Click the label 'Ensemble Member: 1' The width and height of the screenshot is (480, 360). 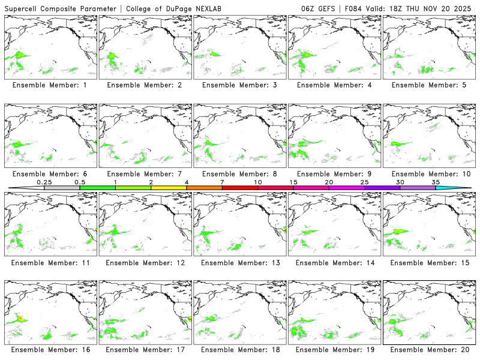[50, 85]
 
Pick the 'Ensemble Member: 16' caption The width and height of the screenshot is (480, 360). [50, 350]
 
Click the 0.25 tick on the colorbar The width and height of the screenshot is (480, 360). [44, 187]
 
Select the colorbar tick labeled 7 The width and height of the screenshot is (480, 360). [222, 187]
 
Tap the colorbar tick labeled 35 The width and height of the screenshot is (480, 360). [436, 187]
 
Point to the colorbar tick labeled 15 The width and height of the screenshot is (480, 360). [293, 187]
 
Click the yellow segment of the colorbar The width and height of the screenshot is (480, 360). [169, 188]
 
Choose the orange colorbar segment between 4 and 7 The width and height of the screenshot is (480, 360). [204, 188]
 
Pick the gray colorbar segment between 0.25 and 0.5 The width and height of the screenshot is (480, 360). [62, 188]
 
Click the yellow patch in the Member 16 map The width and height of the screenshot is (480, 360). [20, 319]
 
